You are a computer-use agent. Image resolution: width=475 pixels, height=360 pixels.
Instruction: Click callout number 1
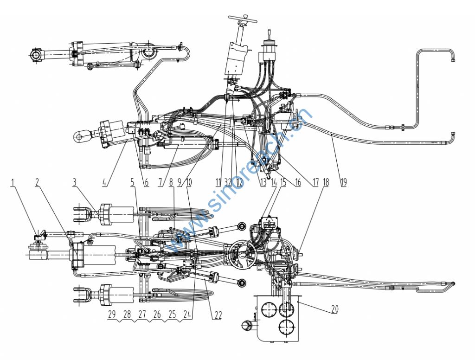[13, 182]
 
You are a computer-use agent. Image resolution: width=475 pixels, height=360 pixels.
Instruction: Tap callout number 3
[75, 182]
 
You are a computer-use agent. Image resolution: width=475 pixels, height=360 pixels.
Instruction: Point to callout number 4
[105, 182]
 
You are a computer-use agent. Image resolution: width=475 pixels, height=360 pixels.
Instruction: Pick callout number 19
[343, 182]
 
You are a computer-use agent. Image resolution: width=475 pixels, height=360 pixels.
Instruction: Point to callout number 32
[228, 182]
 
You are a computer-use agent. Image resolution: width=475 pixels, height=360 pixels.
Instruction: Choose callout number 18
[326, 182]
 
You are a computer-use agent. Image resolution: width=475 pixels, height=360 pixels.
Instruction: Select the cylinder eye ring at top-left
[36, 56]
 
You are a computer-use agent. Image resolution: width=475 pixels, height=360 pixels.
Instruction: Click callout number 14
[274, 182]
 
